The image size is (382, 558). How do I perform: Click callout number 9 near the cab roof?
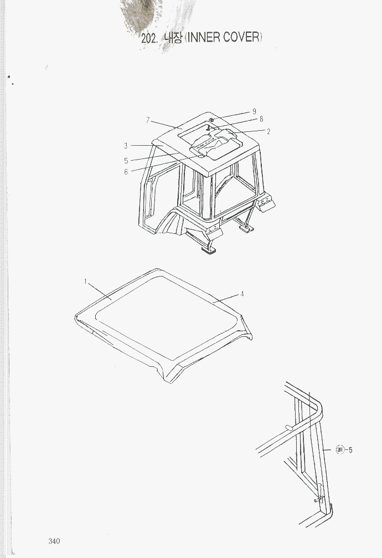(254, 111)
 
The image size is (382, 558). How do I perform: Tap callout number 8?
(261, 119)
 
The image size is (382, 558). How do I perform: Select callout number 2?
(268, 131)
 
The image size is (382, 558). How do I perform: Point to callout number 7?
(148, 120)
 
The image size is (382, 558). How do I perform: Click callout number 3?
(126, 146)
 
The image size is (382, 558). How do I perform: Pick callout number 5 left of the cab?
(126, 161)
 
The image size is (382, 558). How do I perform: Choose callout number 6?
(126, 172)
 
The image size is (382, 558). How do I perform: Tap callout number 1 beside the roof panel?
(85, 281)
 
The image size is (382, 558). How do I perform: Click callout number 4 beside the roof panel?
(242, 294)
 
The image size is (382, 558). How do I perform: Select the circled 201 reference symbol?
(340, 450)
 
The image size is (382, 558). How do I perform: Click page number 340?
(54, 541)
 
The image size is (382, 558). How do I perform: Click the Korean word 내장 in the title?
(173, 37)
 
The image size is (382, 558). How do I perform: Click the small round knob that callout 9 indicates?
(211, 120)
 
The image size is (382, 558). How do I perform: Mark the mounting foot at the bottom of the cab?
(209, 250)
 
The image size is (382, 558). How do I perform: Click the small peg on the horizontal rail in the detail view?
(289, 427)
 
